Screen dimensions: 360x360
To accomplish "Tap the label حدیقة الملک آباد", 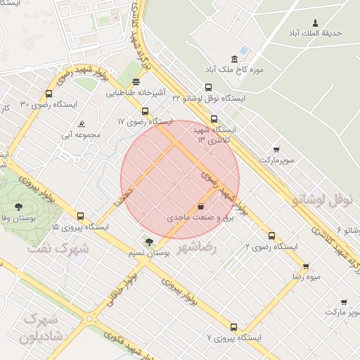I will click(314, 33).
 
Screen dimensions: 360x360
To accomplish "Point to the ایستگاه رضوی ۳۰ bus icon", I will click(49, 94).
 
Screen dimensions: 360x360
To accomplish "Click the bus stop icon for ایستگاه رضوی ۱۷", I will click(145, 110).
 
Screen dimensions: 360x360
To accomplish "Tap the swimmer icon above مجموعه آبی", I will click(82, 124).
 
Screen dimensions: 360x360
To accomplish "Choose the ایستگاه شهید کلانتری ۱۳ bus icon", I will click(214, 119).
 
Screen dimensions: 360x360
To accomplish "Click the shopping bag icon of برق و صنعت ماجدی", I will click(202, 207).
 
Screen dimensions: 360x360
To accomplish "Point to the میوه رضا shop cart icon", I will click(305, 266).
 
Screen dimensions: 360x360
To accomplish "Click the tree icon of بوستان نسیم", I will click(148, 241).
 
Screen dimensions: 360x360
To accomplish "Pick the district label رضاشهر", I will click(197, 247).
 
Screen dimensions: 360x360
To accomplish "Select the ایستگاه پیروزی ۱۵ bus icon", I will click(80, 216).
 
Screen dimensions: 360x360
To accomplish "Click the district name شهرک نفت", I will click(57, 247).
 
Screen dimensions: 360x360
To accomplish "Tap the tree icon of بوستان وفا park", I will click(18, 206).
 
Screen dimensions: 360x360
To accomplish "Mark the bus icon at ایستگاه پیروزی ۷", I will click(233, 327).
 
